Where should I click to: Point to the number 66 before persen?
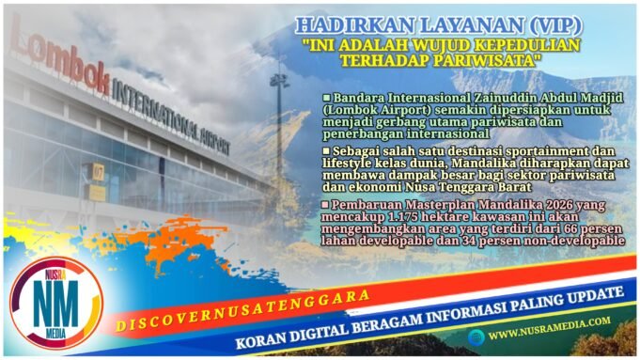pyautogui.click(x=561, y=230)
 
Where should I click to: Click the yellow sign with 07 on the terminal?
pyautogui.click(x=96, y=171)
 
